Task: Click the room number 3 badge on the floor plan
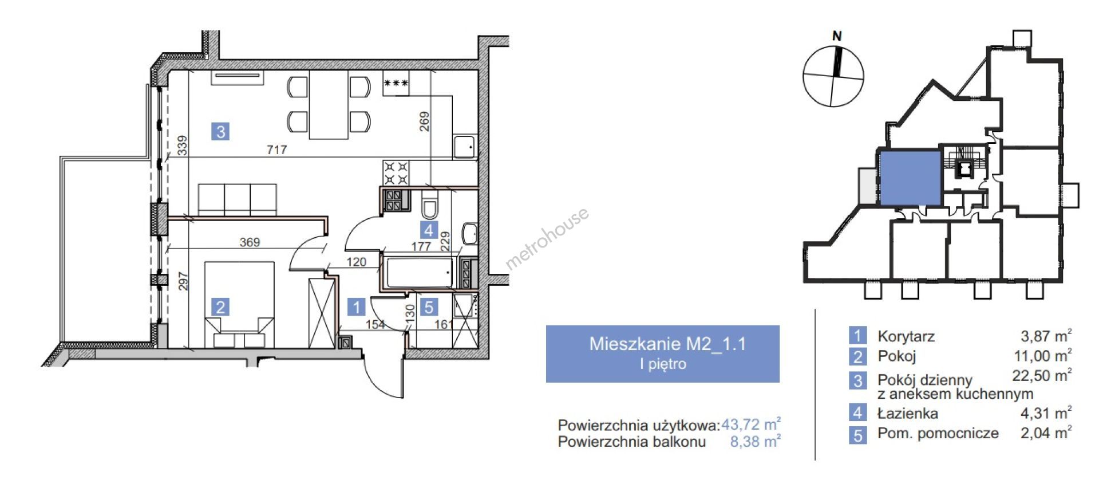point(220,132)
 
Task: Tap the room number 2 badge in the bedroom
point(220,307)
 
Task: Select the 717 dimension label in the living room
point(276,150)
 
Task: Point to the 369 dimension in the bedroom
point(250,242)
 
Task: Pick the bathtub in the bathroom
point(420,273)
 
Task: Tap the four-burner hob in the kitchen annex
point(396,174)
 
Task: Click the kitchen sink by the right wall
point(465,147)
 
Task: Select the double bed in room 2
point(239,304)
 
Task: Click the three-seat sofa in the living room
point(237,199)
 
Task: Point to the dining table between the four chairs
point(329,104)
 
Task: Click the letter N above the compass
point(837,36)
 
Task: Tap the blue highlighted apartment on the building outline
point(910,178)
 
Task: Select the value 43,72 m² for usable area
point(751,425)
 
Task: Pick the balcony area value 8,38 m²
point(755,442)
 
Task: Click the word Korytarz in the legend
point(906,336)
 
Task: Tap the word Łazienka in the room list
point(907,413)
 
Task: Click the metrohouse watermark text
point(547,238)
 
